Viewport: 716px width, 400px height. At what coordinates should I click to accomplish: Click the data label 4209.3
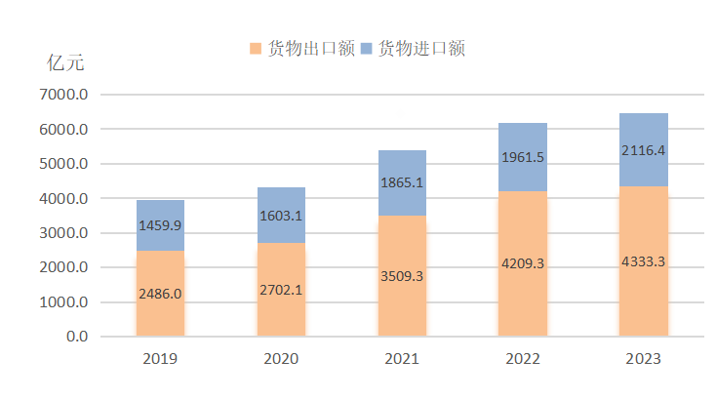(523, 262)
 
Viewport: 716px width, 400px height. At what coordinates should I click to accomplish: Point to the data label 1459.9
(160, 225)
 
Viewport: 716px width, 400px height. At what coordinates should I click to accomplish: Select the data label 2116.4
(644, 150)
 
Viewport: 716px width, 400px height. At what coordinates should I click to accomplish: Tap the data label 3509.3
(402, 276)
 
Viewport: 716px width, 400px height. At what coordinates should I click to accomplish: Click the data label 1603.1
(281, 217)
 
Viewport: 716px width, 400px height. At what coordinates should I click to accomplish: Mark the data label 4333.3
(644, 260)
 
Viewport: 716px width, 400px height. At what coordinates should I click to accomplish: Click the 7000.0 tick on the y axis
(62, 95)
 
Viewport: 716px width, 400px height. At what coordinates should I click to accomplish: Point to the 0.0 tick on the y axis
(76, 337)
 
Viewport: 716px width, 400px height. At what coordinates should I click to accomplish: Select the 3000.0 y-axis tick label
(62, 233)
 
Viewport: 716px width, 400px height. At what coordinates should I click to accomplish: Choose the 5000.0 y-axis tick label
(62, 164)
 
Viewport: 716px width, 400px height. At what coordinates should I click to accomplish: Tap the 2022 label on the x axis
(523, 359)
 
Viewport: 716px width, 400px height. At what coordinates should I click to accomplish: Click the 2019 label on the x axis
(160, 359)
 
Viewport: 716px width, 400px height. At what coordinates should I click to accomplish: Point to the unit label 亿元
(66, 63)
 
